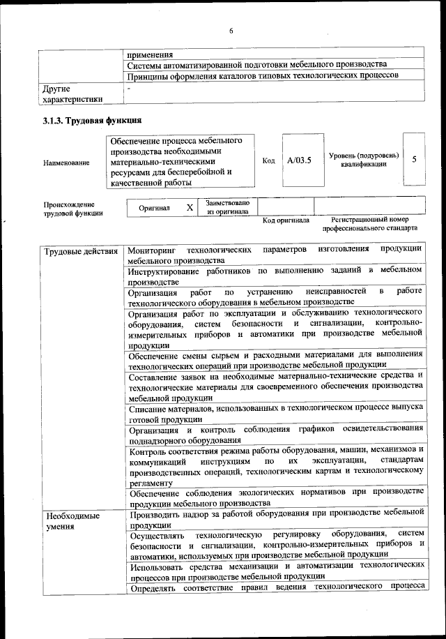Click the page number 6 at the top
[231, 30]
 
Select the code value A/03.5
[299, 160]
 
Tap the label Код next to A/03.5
[268, 160]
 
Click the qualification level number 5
[415, 159]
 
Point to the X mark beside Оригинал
[190, 208]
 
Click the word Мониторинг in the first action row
[153, 250]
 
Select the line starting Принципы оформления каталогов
[262, 75]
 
